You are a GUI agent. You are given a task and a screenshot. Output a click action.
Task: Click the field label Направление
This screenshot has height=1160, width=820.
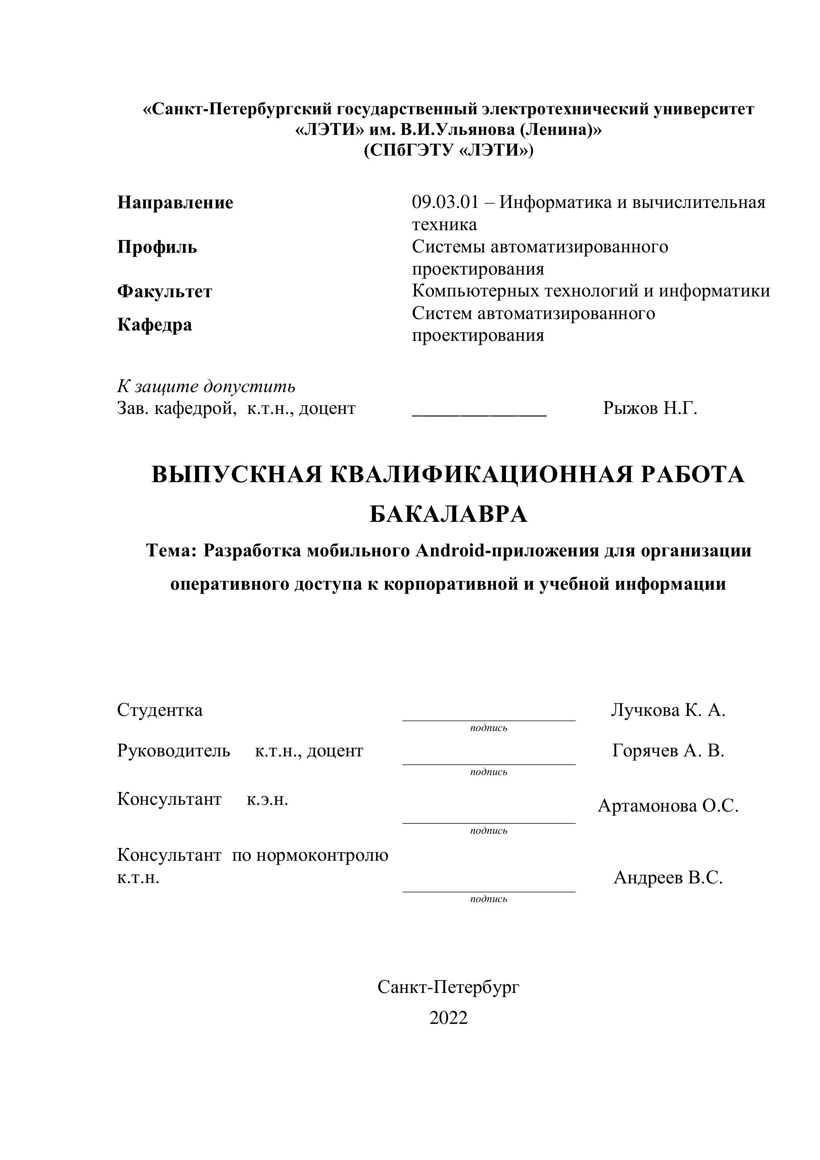pos(175,203)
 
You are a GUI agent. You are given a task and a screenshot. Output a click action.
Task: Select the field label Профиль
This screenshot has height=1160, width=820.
pos(157,247)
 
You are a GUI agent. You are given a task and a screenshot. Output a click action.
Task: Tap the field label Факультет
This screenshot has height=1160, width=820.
pos(165,292)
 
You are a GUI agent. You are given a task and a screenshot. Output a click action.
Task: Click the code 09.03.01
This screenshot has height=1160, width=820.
pos(445,203)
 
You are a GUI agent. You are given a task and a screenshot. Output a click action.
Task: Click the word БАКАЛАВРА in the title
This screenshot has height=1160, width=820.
pos(448,514)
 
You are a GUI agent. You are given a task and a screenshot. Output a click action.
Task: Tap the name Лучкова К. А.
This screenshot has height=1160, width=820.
pos(668,710)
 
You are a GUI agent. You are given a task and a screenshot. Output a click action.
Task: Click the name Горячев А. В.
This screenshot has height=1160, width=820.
pos(668,751)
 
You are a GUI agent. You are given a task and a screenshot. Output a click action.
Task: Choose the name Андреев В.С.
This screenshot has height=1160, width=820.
pos(668,877)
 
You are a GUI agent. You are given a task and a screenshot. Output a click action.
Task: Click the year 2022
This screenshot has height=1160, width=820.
pos(448,1018)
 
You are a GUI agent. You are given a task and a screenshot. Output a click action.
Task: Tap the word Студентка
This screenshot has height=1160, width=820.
pos(159,710)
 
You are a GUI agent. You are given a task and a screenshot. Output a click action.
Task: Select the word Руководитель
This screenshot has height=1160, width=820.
pos(174,751)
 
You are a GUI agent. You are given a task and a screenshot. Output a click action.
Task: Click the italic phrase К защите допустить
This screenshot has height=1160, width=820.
pos(206,387)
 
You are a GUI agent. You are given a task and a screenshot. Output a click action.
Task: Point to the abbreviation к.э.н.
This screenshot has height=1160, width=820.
pos(268,799)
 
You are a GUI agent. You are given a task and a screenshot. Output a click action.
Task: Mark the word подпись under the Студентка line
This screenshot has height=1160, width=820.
pos(488,728)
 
